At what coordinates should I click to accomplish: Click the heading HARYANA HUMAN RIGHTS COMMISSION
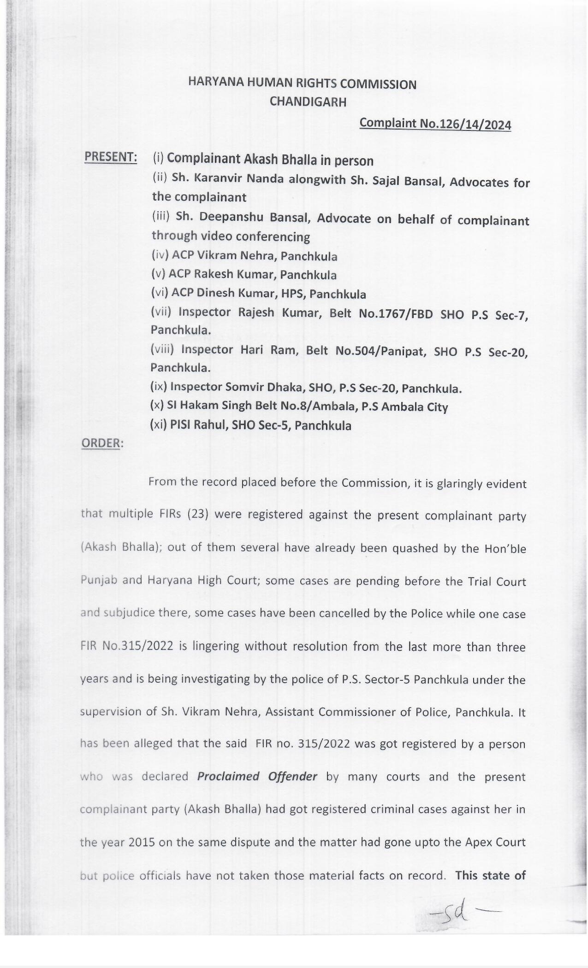302,84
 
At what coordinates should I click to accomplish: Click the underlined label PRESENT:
111,157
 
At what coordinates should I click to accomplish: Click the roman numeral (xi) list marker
159,425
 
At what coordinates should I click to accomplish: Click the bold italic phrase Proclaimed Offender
257,776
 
